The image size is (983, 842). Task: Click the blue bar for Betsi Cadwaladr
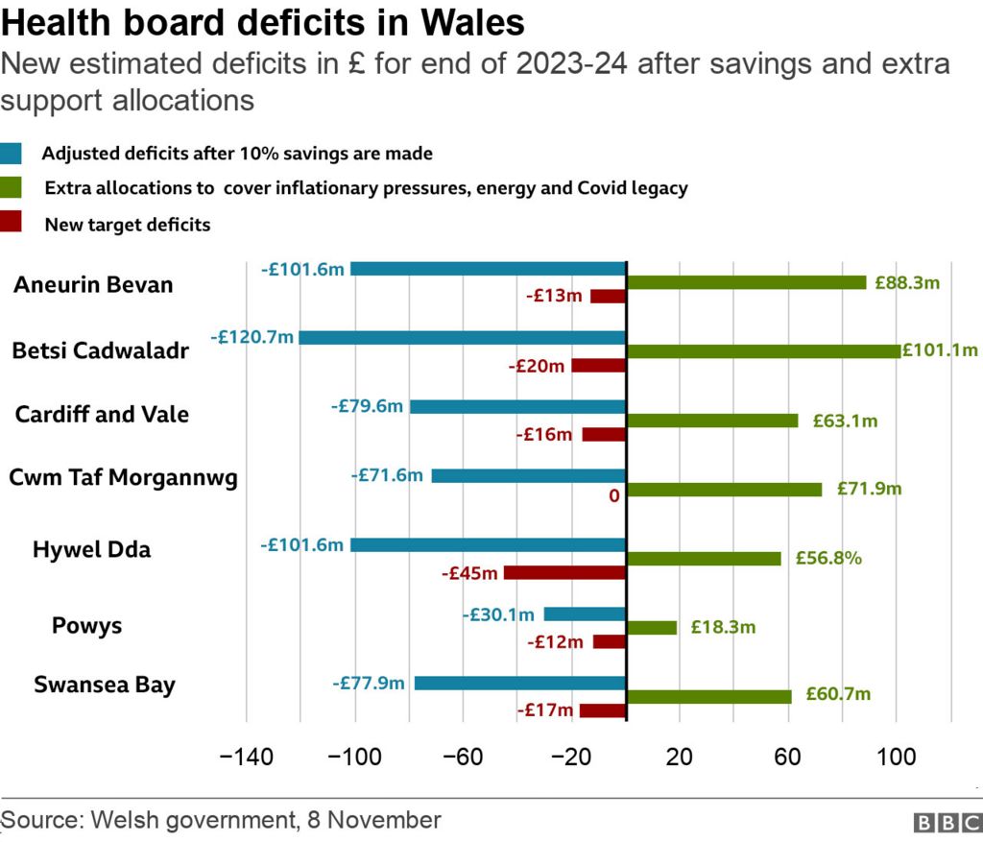pyautogui.click(x=462, y=338)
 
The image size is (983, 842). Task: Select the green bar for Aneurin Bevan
pyautogui.click(x=746, y=282)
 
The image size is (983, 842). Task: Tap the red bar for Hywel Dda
pyautogui.click(x=564, y=573)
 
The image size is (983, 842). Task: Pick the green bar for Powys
pyautogui.click(x=651, y=628)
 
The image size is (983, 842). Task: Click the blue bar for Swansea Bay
pyautogui.click(x=519, y=684)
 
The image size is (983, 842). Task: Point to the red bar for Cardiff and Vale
pyautogui.click(x=604, y=435)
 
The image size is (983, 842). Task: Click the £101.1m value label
pyautogui.click(x=940, y=350)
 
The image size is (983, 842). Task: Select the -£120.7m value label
pyautogui.click(x=252, y=338)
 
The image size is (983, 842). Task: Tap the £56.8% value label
pyautogui.click(x=827, y=558)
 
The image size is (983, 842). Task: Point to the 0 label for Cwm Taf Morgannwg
pyautogui.click(x=614, y=496)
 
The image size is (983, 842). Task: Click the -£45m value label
pyautogui.click(x=470, y=573)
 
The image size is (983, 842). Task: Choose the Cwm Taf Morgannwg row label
pyautogui.click(x=123, y=477)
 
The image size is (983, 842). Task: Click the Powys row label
pyautogui.click(x=86, y=626)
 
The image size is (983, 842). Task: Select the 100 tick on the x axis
pyautogui.click(x=897, y=758)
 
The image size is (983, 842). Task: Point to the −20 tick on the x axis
pyautogui.click(x=571, y=758)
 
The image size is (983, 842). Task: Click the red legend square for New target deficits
pyautogui.click(x=12, y=224)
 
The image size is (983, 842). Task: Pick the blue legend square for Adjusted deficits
pyautogui.click(x=12, y=154)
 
